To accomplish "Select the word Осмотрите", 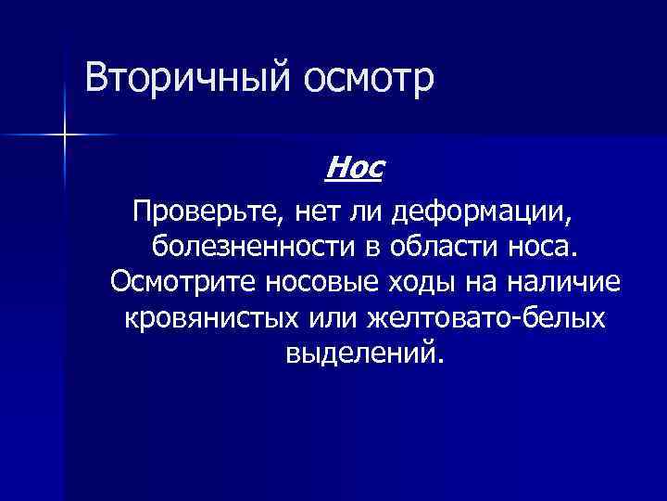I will pyautogui.click(x=183, y=282).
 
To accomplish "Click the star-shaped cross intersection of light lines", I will pyautogui.click(x=66, y=135).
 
